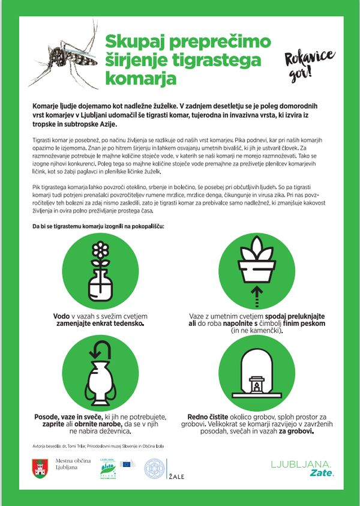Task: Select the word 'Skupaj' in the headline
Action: pyautogui.click(x=136, y=42)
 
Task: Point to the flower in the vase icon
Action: pyautogui.click(x=98, y=252)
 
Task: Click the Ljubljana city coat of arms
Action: pyautogui.click(x=40, y=468)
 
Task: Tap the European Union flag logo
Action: pyautogui.click(x=128, y=464)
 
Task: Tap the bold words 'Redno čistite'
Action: pyautogui.click(x=209, y=415)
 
